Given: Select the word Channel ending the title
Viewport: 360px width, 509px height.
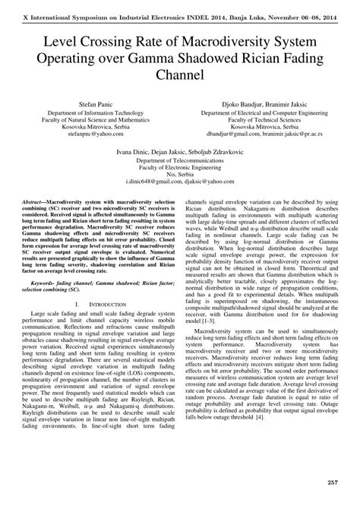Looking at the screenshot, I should click(x=180, y=76).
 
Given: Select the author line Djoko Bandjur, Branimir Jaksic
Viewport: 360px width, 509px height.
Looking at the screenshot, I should click(x=270, y=101).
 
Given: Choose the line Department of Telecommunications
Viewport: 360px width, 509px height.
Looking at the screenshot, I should click(x=180, y=161).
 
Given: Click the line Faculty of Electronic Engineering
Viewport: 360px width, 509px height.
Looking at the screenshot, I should click(x=180, y=170).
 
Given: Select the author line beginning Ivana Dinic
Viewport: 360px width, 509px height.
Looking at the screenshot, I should click(x=180, y=151).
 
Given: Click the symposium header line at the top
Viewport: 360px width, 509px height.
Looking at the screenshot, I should click(x=180, y=6).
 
